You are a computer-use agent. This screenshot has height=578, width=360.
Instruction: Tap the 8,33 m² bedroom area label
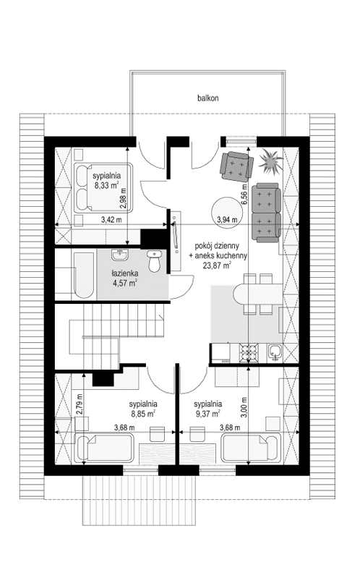coord(106,184)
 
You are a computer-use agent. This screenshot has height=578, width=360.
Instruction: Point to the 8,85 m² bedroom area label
coord(143,415)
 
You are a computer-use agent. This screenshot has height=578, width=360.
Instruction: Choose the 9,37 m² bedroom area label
coord(207,415)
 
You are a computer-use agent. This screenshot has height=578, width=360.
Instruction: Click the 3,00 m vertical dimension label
coord(244,403)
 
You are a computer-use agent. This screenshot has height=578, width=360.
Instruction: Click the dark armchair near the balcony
coord(236,166)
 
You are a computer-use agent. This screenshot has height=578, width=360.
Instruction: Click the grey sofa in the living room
coord(266,211)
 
